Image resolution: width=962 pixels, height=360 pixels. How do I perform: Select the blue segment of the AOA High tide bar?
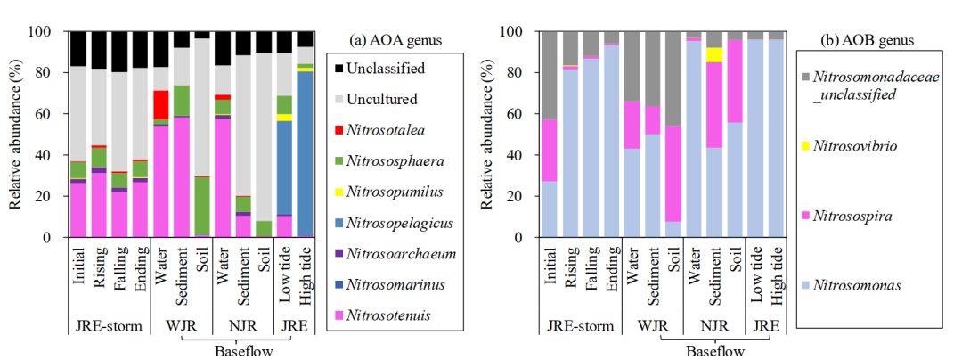[305, 151]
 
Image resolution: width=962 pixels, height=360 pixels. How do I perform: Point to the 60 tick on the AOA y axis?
[50, 113]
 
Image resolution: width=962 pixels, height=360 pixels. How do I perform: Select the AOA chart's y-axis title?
[16, 134]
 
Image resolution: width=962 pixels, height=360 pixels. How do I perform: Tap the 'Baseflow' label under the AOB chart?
[715, 352]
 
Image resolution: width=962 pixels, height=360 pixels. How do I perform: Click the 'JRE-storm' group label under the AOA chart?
[108, 326]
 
